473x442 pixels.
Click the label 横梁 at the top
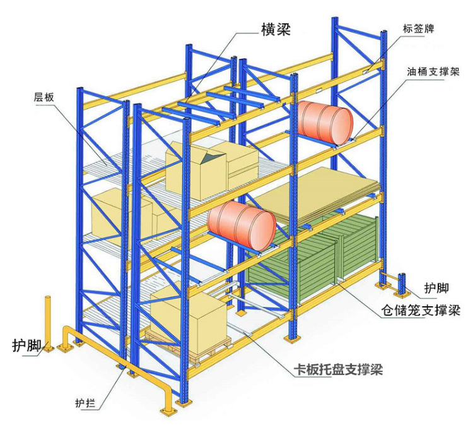(x=276, y=29)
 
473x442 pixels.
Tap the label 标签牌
(x=419, y=28)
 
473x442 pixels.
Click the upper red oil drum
(x=325, y=121)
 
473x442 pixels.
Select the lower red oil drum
(x=242, y=225)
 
